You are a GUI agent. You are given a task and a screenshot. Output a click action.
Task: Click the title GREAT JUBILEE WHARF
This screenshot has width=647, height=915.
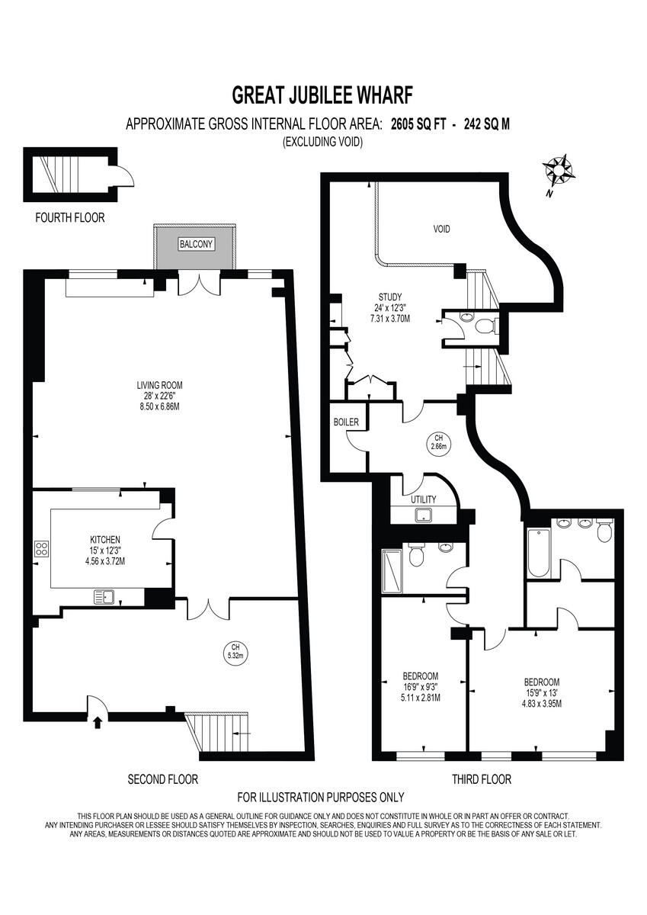[x=322, y=95]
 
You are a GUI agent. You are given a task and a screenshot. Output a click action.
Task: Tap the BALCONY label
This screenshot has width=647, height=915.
[x=197, y=244]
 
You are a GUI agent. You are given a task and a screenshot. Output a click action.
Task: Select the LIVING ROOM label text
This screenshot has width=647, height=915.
[x=160, y=385]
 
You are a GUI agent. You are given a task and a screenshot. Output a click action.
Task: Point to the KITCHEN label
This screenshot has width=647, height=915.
[x=104, y=539]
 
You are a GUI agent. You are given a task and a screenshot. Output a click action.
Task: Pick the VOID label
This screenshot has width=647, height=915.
[x=443, y=228]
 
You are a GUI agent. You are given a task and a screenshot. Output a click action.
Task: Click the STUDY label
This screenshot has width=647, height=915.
[x=389, y=297]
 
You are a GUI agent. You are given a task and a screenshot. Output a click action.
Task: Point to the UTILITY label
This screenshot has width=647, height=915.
[x=423, y=499]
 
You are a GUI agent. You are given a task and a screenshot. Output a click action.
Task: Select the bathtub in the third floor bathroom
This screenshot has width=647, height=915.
[x=536, y=551]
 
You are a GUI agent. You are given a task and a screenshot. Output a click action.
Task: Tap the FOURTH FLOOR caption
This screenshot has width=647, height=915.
[x=70, y=218]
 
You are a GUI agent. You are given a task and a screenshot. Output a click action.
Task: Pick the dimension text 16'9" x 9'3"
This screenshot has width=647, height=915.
[x=421, y=686]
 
